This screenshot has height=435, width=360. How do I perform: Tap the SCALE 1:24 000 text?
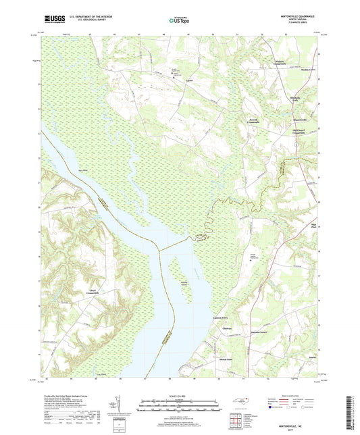(180, 396)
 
